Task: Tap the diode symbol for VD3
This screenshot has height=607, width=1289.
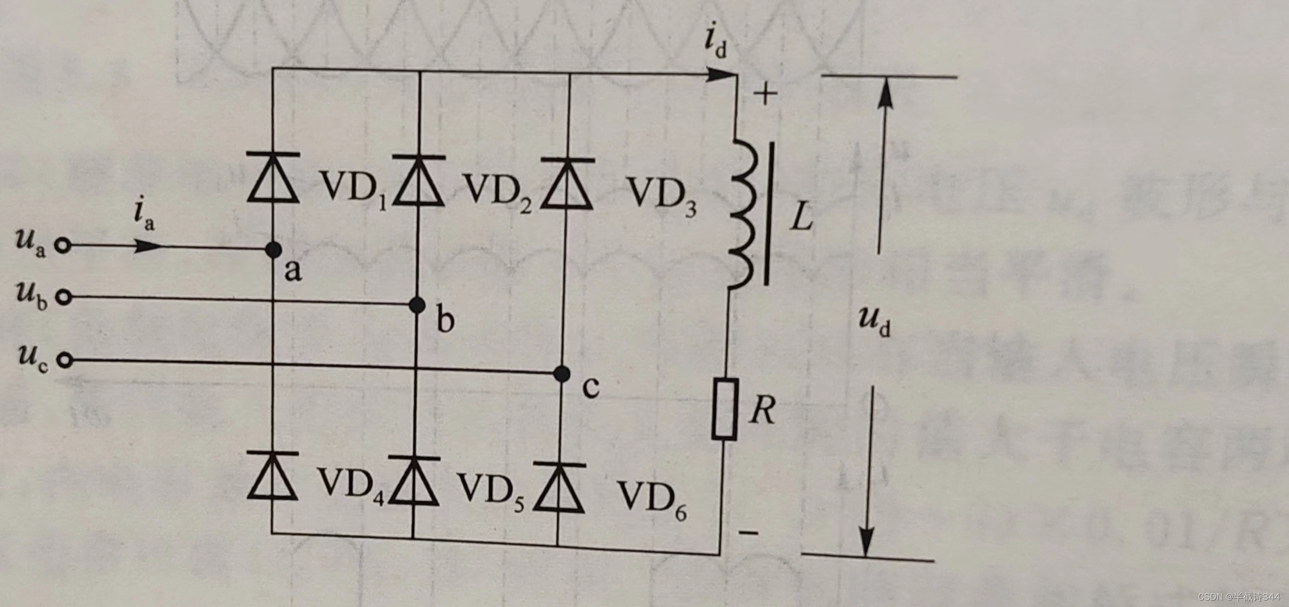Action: click(x=568, y=185)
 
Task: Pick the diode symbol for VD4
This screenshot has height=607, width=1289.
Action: click(x=272, y=477)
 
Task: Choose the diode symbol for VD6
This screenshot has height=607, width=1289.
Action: click(x=559, y=488)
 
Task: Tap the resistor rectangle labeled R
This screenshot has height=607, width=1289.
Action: click(x=725, y=409)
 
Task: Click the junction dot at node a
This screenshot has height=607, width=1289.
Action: click(x=274, y=250)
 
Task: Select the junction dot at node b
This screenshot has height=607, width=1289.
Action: click(x=417, y=305)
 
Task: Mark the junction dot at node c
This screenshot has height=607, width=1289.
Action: click(x=562, y=374)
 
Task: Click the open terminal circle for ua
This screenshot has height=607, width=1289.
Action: click(x=63, y=246)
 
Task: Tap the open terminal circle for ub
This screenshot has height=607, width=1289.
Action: click(x=64, y=297)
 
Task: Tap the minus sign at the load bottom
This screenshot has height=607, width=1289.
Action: click(x=749, y=533)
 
